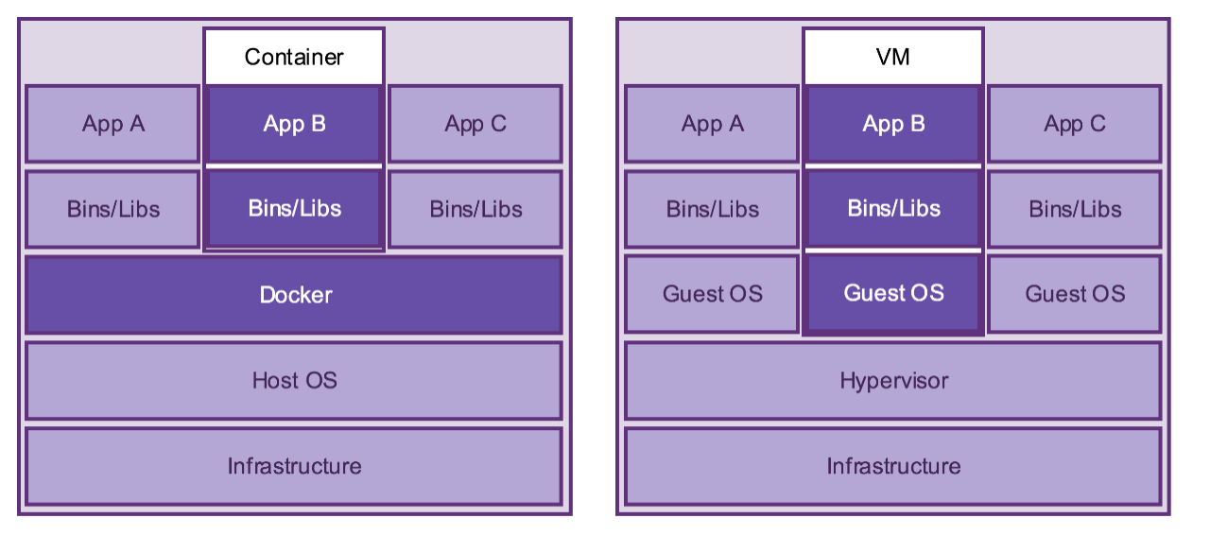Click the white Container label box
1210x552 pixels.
pyautogui.click(x=294, y=57)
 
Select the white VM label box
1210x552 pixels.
pyautogui.click(x=892, y=57)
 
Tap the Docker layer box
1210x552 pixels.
pyautogui.click(x=294, y=295)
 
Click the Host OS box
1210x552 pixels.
pyautogui.click(x=294, y=380)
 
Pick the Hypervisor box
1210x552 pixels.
pyautogui.click(x=893, y=380)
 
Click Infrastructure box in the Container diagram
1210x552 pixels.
pyautogui.click(x=294, y=466)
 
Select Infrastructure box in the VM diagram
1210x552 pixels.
pyautogui.click(x=893, y=466)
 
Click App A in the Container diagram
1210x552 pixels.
pyautogui.click(x=112, y=124)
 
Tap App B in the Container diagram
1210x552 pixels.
pyautogui.click(x=294, y=124)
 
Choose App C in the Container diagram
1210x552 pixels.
pyautogui.click(x=475, y=124)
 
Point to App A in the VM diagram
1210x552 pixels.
pyautogui.click(x=712, y=124)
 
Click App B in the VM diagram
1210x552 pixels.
pyautogui.click(x=893, y=124)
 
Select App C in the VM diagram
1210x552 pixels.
pyautogui.click(x=1075, y=124)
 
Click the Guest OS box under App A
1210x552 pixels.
pyautogui.click(x=712, y=294)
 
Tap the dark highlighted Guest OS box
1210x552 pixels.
pyautogui.click(x=893, y=293)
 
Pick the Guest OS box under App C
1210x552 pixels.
pyautogui.click(x=1075, y=294)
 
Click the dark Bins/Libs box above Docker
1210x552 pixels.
pyautogui.click(x=294, y=209)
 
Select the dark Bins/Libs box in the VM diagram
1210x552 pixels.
pyautogui.click(x=893, y=209)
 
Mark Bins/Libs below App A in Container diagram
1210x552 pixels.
pyautogui.click(x=112, y=209)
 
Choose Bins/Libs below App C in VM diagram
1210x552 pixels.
pyautogui.click(x=1075, y=209)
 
